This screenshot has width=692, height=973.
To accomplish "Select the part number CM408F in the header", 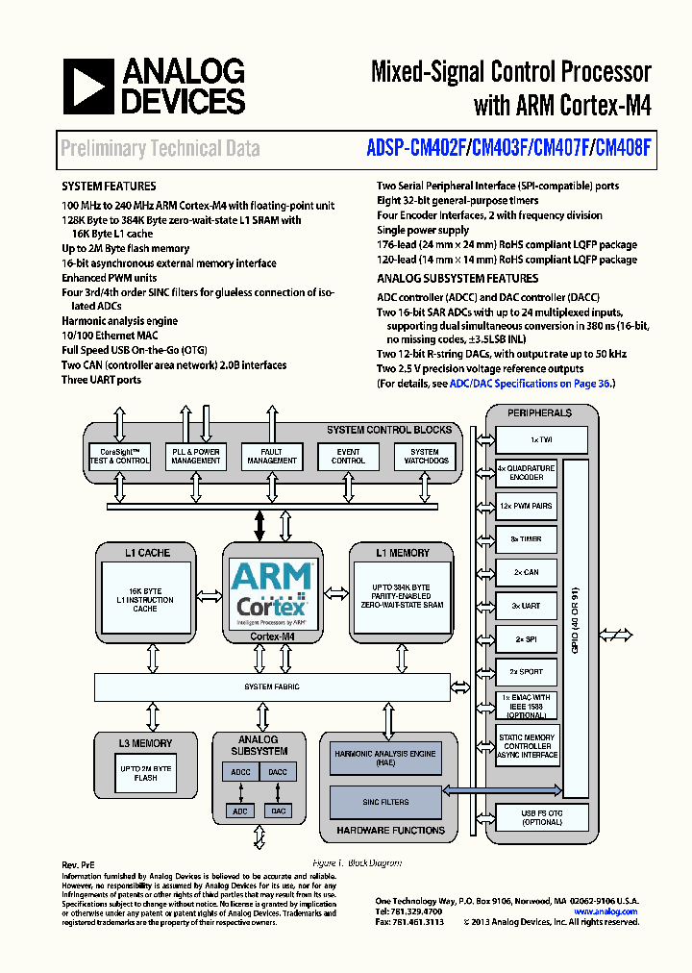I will coord(623,148).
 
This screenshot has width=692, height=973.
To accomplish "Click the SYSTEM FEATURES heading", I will coord(109,186).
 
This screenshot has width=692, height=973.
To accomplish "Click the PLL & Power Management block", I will coord(195,456).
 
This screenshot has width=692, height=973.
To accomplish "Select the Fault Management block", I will coord(272,456).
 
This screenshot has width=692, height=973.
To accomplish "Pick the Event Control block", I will coord(348,456).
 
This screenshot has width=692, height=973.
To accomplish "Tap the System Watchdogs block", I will coord(424,456).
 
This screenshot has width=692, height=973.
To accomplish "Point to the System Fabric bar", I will coord(272,686).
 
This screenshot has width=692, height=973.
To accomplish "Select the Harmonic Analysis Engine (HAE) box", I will coord(384,759).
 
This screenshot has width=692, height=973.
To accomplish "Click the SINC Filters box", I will coord(384,801).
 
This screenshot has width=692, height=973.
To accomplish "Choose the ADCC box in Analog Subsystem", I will coord(240,772).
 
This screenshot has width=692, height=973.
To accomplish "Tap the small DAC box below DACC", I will coord(278,811).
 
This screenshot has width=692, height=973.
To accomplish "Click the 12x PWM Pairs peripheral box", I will coord(526,506).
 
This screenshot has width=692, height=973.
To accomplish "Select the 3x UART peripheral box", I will coord(526,606).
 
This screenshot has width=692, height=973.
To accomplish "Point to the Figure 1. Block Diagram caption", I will coord(358,863).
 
